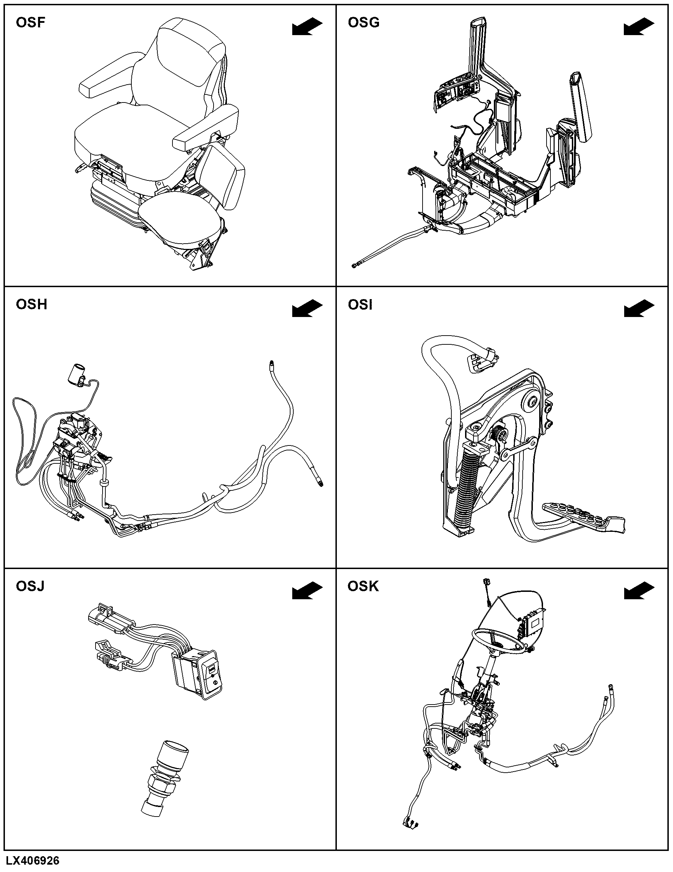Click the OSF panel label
pyautogui.click(x=30, y=22)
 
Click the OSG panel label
pyautogui.click(x=364, y=22)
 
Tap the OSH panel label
pyautogui.click(x=32, y=305)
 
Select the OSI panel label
pyautogui.click(x=360, y=305)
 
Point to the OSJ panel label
pyautogui.click(x=30, y=586)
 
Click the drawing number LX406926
pyautogui.click(x=33, y=860)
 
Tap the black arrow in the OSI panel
pyautogui.click(x=639, y=309)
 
